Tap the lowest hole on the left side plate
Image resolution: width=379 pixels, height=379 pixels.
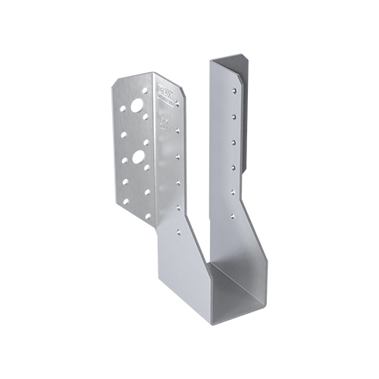pyautogui.click(x=179, y=207)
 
